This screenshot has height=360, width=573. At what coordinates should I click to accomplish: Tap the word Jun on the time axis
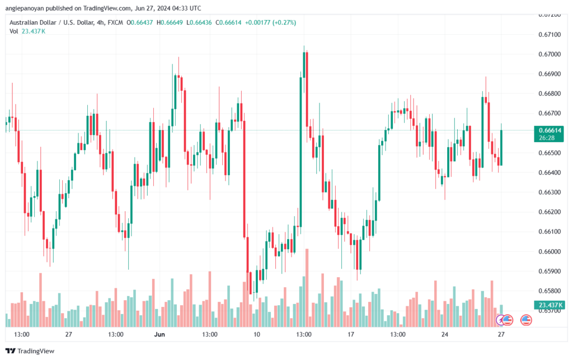tap(159, 334)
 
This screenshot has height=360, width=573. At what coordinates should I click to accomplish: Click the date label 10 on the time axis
tap(257, 334)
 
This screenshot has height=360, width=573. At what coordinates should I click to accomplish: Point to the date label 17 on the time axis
tap(351, 334)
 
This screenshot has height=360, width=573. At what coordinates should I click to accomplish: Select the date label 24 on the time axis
tap(445, 334)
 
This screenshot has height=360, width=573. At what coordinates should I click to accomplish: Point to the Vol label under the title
tap(14, 31)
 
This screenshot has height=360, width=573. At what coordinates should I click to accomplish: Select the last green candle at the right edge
tap(501, 147)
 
